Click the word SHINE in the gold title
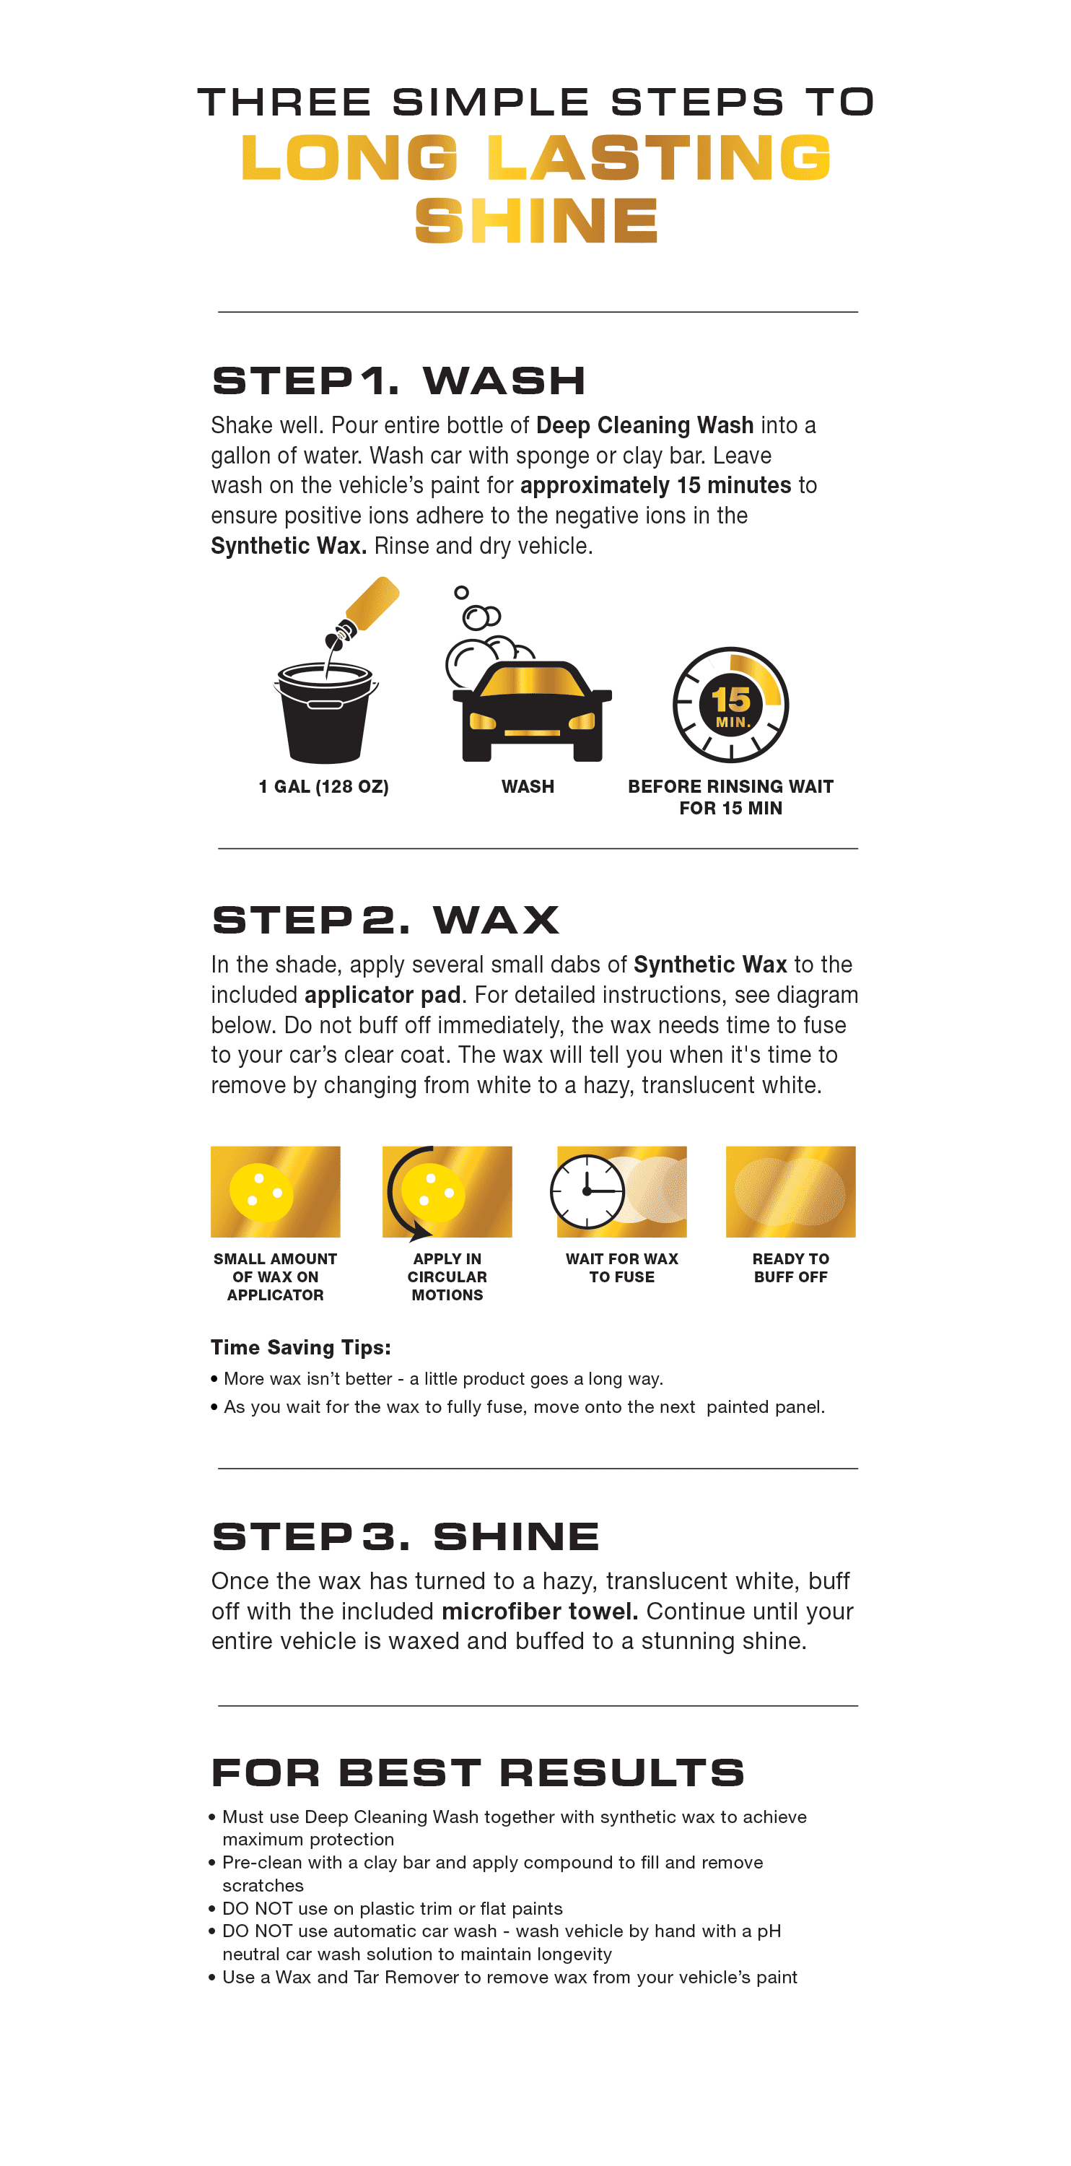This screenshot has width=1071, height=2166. click(x=535, y=221)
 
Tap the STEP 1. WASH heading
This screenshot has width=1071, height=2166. click(x=398, y=381)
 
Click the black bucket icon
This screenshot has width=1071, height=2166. click(x=325, y=715)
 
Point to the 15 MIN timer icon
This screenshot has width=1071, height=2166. click(x=730, y=705)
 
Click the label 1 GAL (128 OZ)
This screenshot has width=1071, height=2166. click(x=323, y=787)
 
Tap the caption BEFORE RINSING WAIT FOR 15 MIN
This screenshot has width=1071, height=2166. click(x=730, y=797)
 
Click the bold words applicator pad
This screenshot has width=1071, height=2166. click(x=382, y=996)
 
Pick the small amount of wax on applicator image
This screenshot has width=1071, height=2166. click(x=275, y=1191)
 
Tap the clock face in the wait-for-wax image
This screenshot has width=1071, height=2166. click(x=587, y=1191)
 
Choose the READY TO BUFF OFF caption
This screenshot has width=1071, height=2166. click(x=790, y=1268)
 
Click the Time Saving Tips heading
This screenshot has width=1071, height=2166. click(x=300, y=1348)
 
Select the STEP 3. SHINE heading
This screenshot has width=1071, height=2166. click(x=405, y=1537)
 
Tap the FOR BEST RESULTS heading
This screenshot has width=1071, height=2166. click(x=478, y=1773)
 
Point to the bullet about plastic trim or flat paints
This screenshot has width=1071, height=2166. click(x=392, y=1909)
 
